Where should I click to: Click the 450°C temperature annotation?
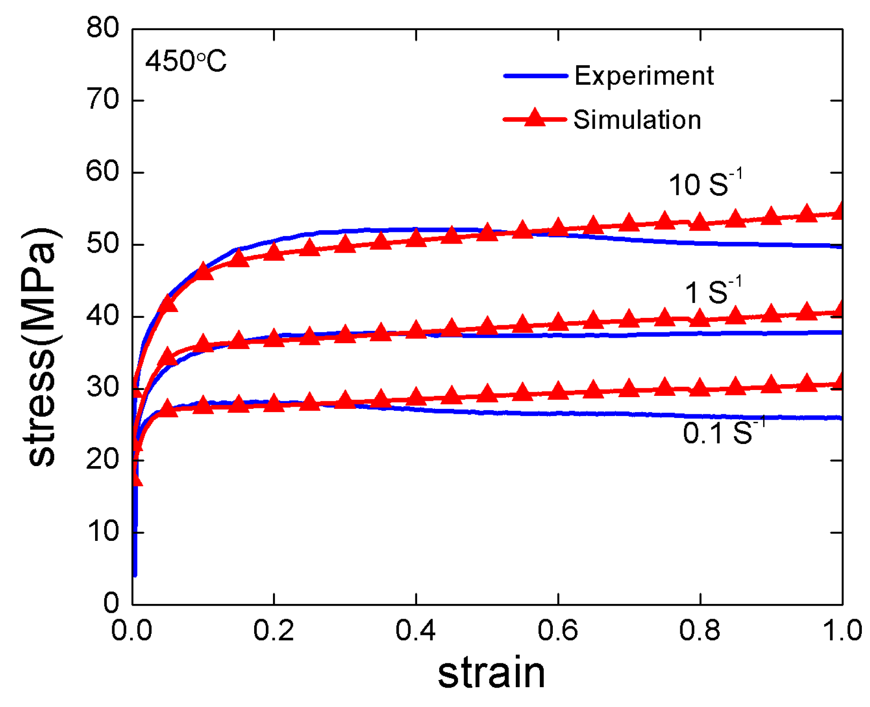coord(185,61)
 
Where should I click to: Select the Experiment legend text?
coord(643,76)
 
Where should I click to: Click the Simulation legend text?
coord(637,120)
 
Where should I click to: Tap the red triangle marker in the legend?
coord(534,118)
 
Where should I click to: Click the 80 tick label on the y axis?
coord(103,28)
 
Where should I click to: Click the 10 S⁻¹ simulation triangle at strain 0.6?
coord(558,227)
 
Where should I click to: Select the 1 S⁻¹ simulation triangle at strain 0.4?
coord(415,330)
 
